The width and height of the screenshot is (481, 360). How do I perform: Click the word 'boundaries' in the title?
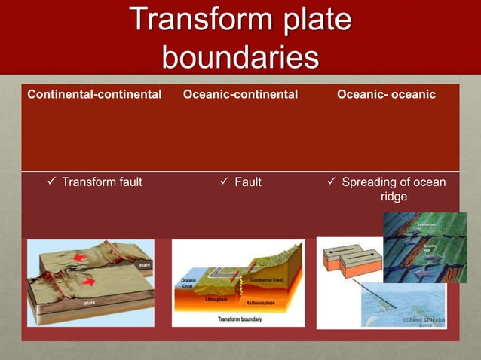click(240, 58)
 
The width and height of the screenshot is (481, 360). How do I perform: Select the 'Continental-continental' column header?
click(95, 94)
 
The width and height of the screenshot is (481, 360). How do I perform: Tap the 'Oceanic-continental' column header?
click(240, 94)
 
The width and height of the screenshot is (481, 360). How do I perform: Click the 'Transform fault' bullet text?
click(102, 182)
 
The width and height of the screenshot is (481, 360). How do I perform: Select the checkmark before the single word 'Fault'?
click(224, 182)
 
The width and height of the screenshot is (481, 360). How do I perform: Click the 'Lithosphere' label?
click(216, 298)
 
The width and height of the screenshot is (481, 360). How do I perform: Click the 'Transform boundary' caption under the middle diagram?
click(240, 319)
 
